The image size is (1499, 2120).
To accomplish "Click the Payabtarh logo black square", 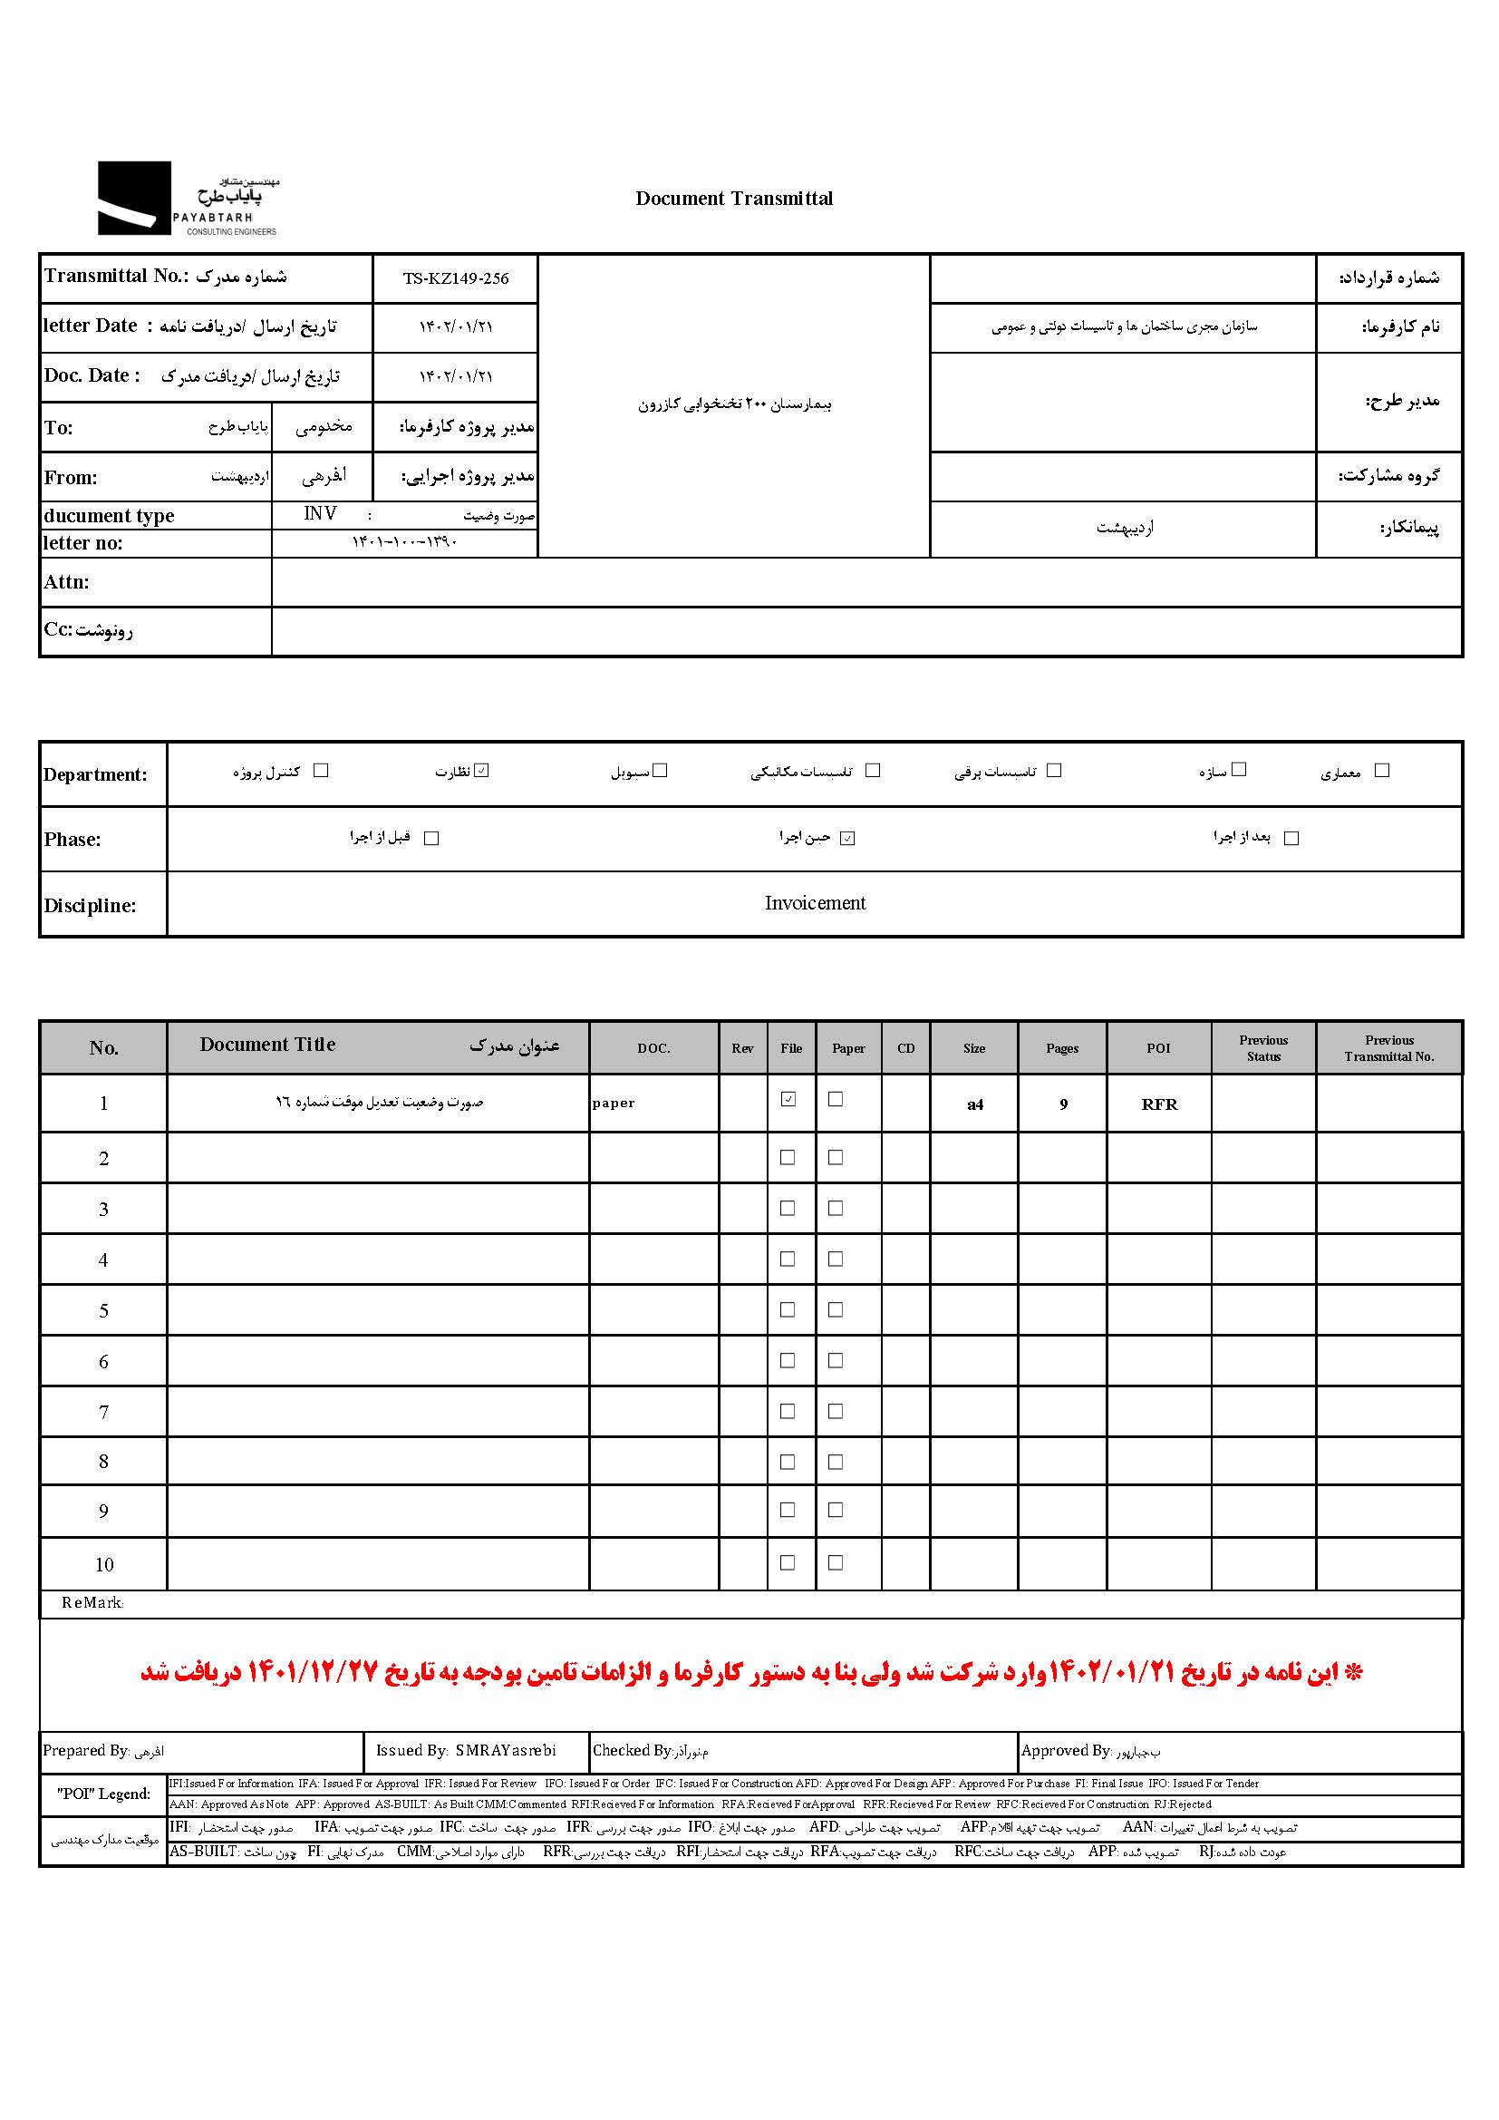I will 134,198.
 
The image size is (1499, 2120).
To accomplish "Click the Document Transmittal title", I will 734,199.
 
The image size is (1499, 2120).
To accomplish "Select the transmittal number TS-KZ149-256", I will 455,279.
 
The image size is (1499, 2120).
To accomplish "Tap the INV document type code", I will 320,513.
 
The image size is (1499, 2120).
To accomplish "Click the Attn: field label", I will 66,582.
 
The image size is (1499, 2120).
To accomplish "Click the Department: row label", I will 95,774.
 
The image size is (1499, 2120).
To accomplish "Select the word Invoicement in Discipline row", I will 815,903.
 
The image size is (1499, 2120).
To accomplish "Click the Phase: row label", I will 72,840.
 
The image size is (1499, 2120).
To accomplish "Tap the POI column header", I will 1158,1048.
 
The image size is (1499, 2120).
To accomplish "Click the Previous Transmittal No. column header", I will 1388,1048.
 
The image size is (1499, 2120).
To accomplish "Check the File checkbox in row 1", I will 788,1099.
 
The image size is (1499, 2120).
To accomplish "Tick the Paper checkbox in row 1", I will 836,1099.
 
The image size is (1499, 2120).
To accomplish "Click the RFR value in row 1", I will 1159,1104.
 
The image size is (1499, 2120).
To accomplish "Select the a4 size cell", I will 975,1104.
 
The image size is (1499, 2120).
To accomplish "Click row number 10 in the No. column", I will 103,1564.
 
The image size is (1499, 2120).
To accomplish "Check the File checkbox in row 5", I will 788,1309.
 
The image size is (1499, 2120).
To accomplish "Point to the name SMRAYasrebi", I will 506,1751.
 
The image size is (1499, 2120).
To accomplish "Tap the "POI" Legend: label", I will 103,1794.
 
